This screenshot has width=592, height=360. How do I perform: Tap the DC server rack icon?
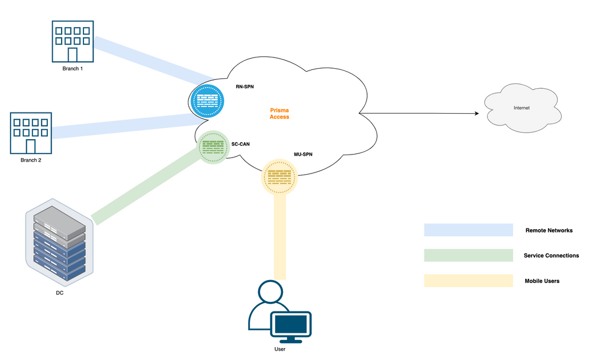coord(59,243)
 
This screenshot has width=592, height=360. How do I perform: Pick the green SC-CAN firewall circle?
coord(213,147)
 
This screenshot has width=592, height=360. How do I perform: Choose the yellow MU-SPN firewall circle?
coord(279,176)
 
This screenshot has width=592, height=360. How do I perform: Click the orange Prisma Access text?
coord(279,113)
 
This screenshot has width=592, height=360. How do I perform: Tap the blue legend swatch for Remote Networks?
coord(468,230)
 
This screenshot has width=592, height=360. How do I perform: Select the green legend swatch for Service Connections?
coord(468,255)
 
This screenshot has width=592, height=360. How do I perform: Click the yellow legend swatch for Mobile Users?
coord(468,281)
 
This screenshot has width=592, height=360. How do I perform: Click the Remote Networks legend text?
coord(549,230)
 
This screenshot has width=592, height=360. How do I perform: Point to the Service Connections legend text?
coord(551,256)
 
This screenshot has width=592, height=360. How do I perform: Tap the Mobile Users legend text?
coord(542,281)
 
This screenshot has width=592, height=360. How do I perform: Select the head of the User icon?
coord(271,292)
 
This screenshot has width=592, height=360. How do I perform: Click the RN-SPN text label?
coord(244,86)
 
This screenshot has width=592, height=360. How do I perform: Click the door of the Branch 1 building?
coord(73,55)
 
